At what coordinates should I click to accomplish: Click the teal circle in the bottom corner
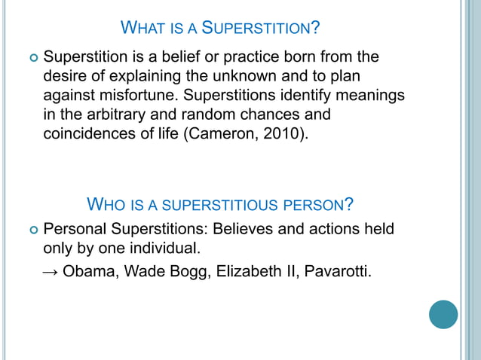pyautogui.click(x=443, y=314)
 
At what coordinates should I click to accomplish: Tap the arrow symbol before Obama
pyautogui.click(x=51, y=272)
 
